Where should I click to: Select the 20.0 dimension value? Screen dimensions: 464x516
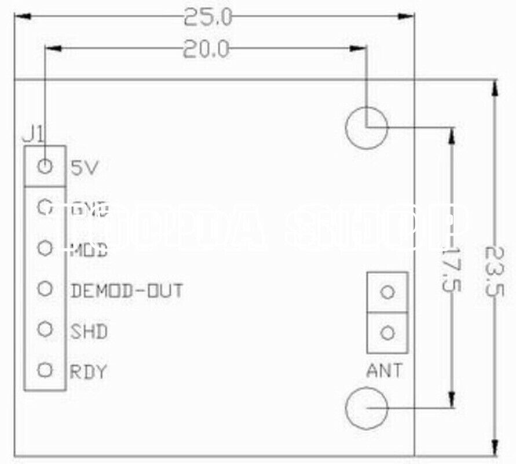pos(207,49)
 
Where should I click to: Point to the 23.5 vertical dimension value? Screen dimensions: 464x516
pos(493,270)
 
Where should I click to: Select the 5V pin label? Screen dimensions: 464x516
pos(85,168)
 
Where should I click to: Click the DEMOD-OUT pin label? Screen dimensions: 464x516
pos(127,290)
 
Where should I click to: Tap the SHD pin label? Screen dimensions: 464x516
pos(89,332)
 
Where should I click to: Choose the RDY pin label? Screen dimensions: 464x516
pos(89,371)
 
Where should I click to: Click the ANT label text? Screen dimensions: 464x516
pos(384,370)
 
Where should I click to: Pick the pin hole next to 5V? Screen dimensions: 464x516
pos(45,167)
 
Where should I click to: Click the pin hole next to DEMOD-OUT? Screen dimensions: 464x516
pos(45,288)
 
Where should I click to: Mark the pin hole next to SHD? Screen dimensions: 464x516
pos(45,329)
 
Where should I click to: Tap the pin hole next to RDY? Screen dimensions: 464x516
pos(45,369)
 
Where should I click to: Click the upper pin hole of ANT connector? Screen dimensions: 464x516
pos(388,292)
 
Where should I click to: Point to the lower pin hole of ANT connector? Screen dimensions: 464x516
pos(388,333)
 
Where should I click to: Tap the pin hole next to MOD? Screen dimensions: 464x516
pos(45,248)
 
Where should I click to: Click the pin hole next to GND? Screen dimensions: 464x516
pos(45,207)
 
